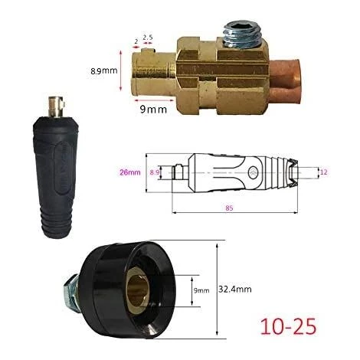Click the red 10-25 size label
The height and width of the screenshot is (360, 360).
click(x=288, y=326)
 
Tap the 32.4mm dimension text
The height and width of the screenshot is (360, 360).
click(x=235, y=290)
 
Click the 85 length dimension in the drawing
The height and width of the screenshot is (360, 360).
click(x=229, y=208)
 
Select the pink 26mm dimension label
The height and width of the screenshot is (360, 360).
click(x=130, y=172)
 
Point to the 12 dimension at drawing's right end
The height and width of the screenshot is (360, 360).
click(x=323, y=172)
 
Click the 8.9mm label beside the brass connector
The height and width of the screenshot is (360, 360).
click(x=104, y=70)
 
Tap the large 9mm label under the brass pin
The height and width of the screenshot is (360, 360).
click(x=153, y=110)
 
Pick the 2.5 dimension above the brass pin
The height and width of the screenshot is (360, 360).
click(x=148, y=38)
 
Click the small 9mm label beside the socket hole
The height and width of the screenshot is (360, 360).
click(x=201, y=290)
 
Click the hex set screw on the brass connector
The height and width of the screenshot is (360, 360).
click(x=240, y=34)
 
